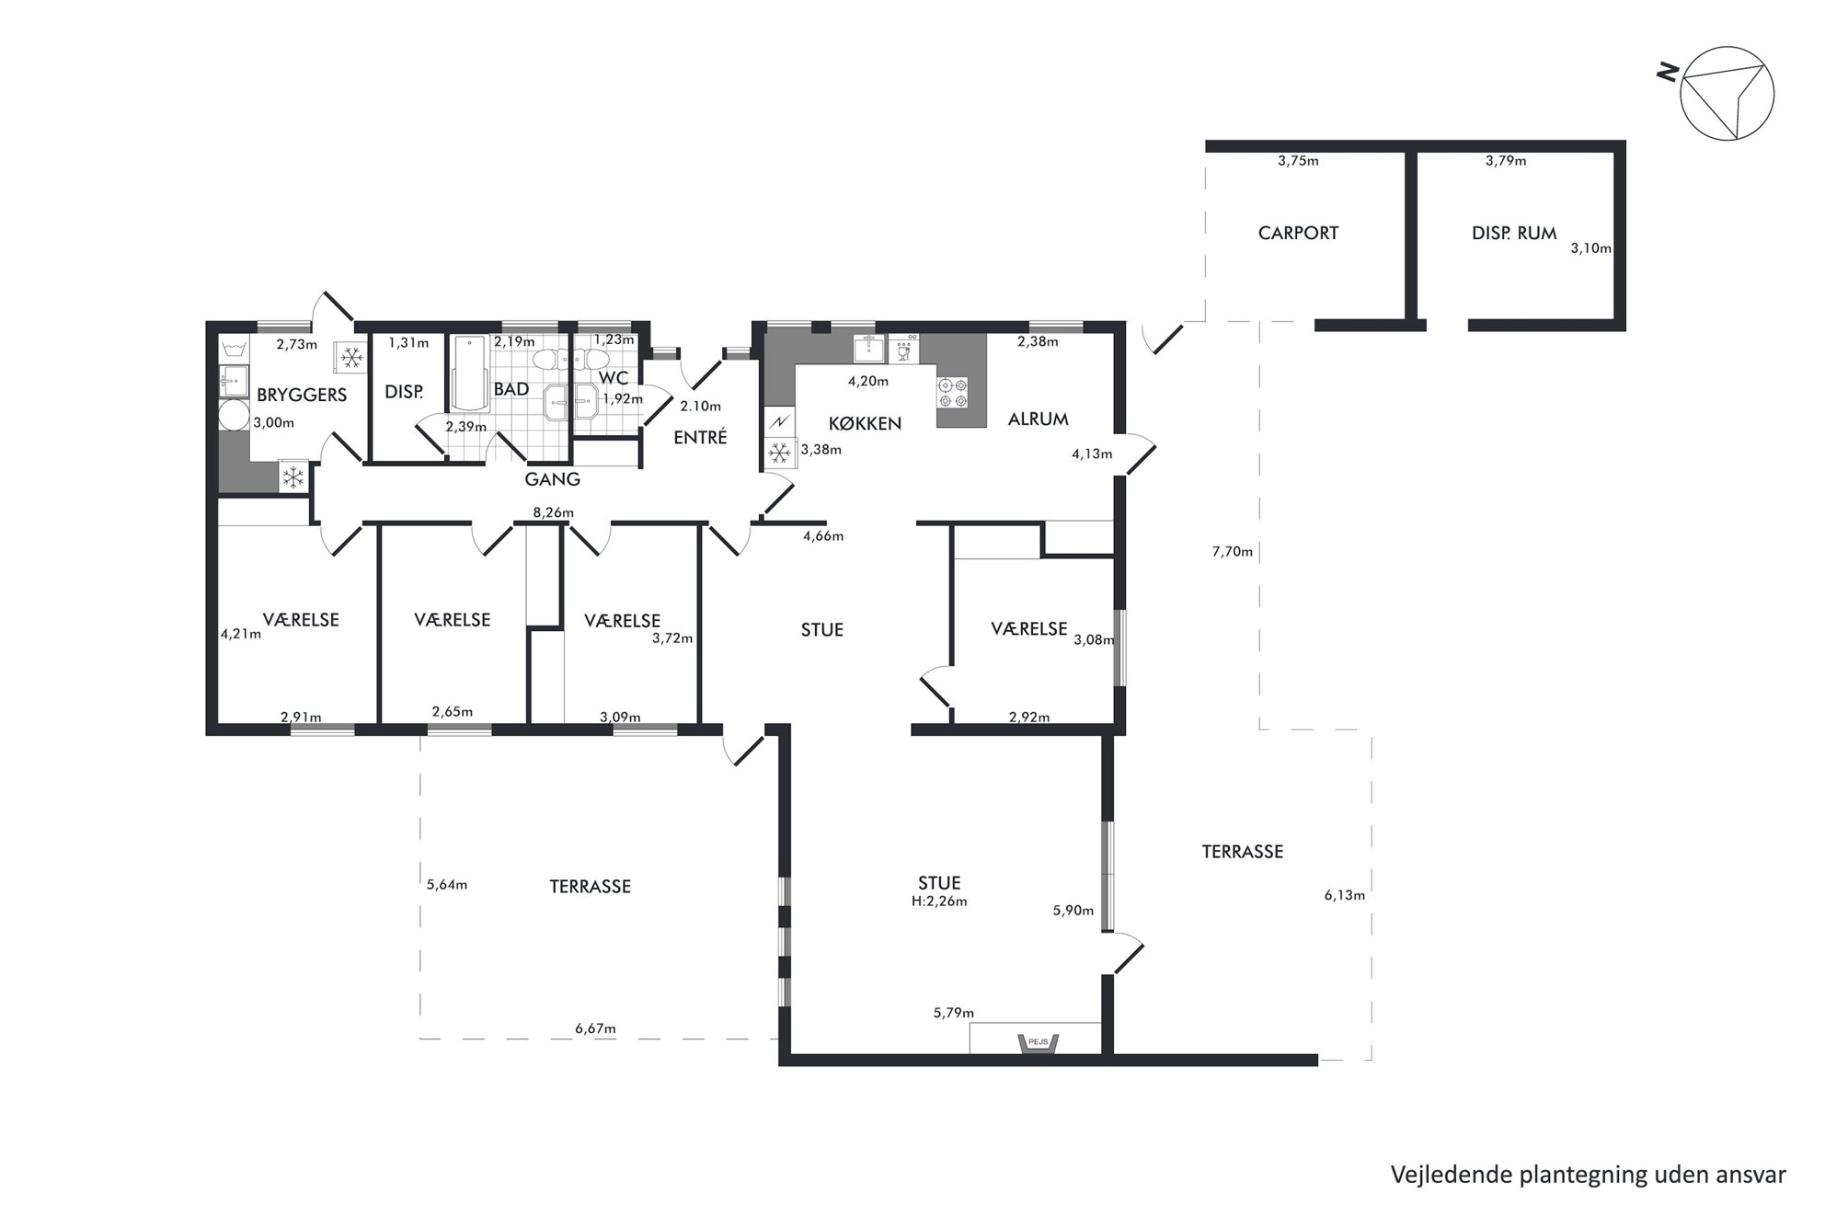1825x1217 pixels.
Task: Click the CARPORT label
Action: [x=1297, y=234]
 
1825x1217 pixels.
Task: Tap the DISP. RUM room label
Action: [x=1513, y=234]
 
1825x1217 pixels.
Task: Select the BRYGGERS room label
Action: [x=302, y=396]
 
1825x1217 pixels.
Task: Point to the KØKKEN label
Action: [x=865, y=423]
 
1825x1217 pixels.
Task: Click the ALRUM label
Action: [x=1038, y=419]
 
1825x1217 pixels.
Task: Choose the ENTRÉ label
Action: [x=700, y=438]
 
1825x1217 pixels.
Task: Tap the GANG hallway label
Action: [x=552, y=479]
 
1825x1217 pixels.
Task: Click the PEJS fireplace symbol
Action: [x=1038, y=1043]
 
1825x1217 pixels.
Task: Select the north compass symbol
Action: [x=1726, y=94]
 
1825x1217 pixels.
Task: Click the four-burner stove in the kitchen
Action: [x=952, y=393]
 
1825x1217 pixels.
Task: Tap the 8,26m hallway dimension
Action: [x=553, y=512]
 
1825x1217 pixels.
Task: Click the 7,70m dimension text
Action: [x=1233, y=552]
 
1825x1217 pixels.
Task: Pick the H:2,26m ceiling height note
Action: [x=939, y=901]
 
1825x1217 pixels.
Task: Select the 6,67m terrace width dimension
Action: [x=595, y=1028]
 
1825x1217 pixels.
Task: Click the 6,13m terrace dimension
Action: [x=1344, y=895]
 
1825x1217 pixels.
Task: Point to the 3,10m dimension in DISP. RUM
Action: [x=1590, y=248]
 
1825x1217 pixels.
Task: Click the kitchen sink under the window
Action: [x=869, y=350]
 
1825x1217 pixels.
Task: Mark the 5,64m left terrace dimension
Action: [x=447, y=885]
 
